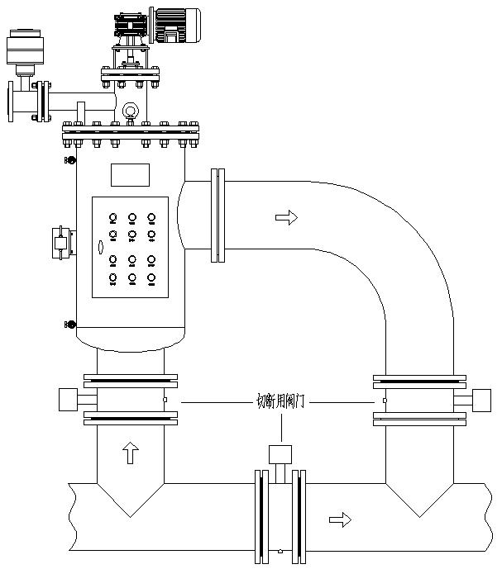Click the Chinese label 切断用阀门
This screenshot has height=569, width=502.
click(x=281, y=402)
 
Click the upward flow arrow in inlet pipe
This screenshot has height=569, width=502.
click(x=129, y=453)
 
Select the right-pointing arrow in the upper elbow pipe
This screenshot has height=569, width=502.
click(x=284, y=217)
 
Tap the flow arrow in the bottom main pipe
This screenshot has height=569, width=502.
click(x=339, y=519)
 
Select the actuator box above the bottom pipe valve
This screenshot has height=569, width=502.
click(x=281, y=454)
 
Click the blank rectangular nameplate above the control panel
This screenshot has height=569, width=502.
click(x=130, y=175)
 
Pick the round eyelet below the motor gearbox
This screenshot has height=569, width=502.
click(x=129, y=111)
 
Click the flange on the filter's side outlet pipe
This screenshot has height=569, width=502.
click(x=218, y=215)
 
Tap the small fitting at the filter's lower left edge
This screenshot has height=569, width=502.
click(x=71, y=325)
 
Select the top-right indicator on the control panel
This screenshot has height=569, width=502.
click(x=151, y=219)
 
